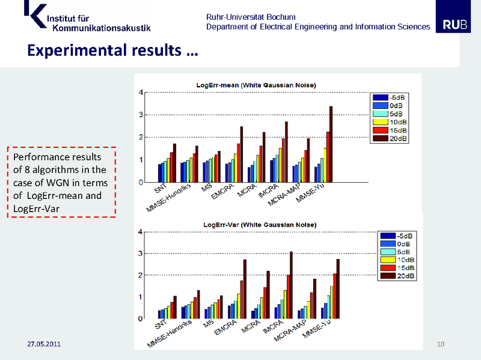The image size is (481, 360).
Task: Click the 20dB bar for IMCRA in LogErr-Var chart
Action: tap(292, 284)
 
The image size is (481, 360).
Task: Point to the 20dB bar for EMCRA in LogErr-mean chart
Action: tap(242, 154)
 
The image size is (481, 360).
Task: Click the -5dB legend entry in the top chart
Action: tap(390, 97)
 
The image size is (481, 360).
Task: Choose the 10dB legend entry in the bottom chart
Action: tap(397, 260)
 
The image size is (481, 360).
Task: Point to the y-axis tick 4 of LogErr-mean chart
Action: tap(141, 92)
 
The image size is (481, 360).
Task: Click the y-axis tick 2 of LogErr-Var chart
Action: tap(140, 275)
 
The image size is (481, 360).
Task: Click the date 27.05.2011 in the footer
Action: tap(44, 344)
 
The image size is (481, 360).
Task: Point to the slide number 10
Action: tap(440, 344)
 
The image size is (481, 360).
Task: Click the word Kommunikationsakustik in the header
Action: tap(102, 28)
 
